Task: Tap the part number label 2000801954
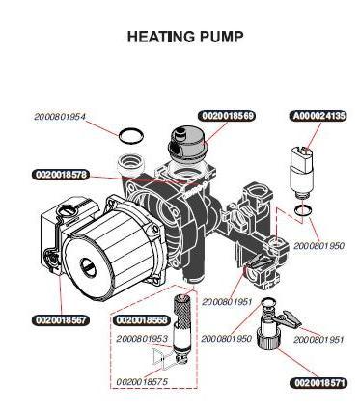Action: [60, 117]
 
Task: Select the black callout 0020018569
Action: [228, 116]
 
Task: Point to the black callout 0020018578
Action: [61, 175]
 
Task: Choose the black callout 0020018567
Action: [61, 319]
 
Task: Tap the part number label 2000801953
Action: [142, 339]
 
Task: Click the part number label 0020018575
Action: [142, 382]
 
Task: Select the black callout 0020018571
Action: [319, 383]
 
